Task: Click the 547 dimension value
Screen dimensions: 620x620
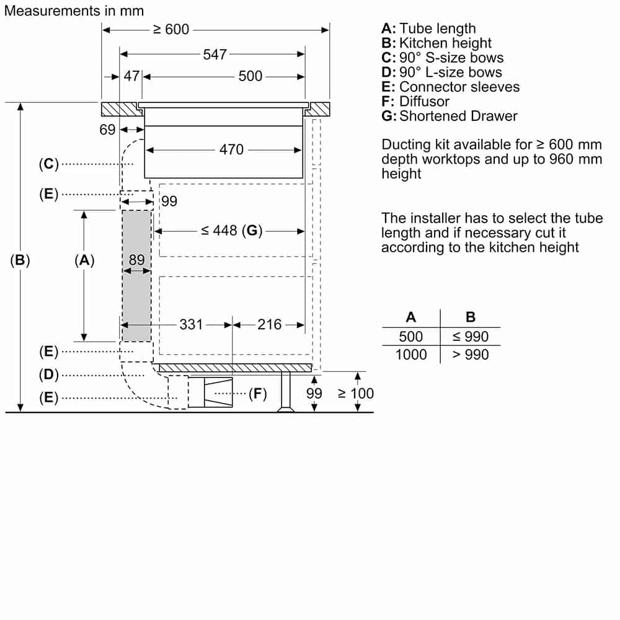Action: (x=215, y=54)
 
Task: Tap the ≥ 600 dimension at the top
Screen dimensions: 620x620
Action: (x=171, y=29)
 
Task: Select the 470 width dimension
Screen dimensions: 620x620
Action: (x=231, y=149)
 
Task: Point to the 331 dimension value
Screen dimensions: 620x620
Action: (x=190, y=325)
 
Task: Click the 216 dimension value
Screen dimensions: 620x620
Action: (x=269, y=325)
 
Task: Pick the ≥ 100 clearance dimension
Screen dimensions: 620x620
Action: (x=355, y=394)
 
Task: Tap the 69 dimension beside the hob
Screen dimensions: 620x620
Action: (x=107, y=130)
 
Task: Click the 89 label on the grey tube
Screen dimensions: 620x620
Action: (x=137, y=260)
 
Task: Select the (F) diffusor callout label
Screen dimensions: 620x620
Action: (x=258, y=394)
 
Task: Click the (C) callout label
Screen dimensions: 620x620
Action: (x=48, y=164)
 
